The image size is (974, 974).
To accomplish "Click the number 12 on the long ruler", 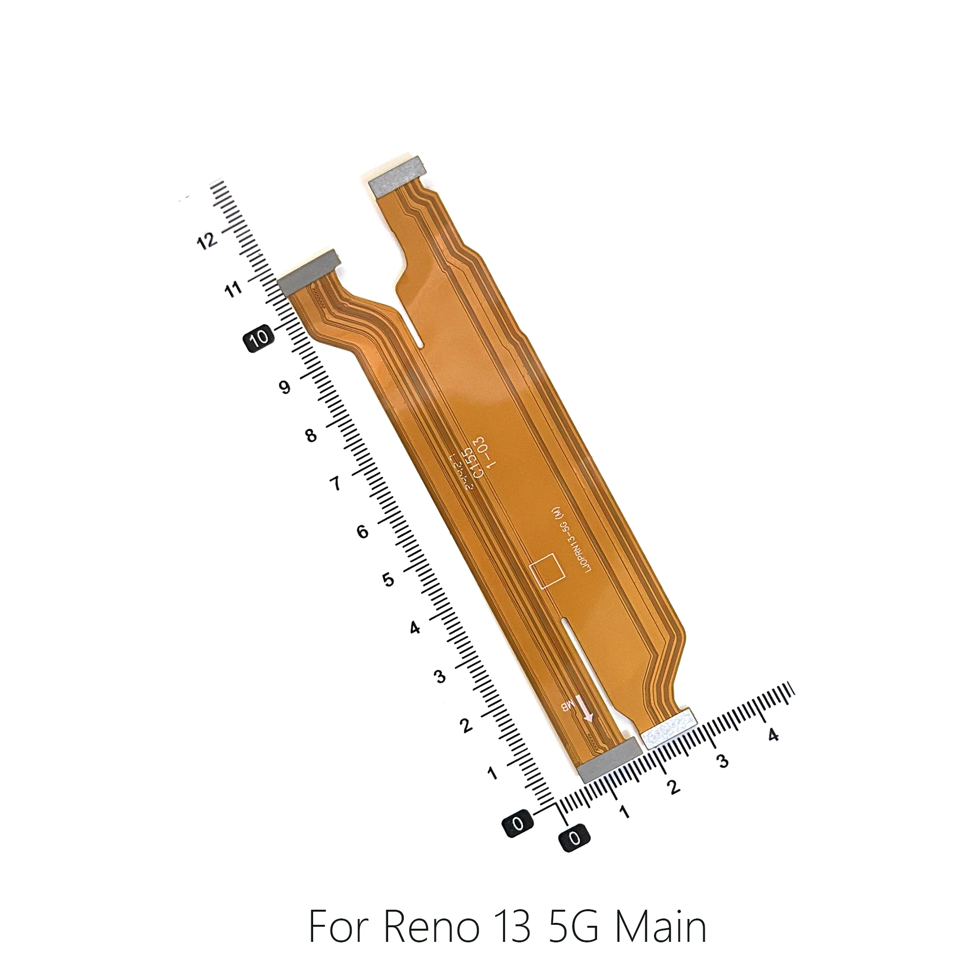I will coord(206,241).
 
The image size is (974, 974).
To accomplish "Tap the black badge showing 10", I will coord(259,337).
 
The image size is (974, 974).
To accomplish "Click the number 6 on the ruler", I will coord(362,531).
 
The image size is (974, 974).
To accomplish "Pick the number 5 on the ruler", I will coord(388,580).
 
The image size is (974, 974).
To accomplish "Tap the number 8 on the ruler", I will coord(311,435).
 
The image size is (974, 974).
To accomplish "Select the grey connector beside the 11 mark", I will coord(309,272).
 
